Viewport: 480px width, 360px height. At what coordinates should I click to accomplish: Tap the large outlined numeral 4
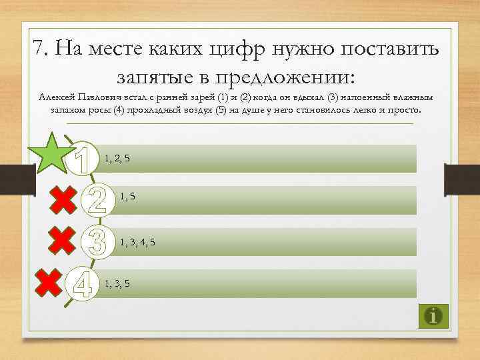click(x=82, y=283)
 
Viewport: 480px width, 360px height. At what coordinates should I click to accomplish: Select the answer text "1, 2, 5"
click(x=117, y=158)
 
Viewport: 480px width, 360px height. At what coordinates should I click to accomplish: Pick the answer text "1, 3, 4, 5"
click(x=137, y=241)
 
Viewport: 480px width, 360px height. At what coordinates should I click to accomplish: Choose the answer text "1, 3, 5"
click(x=117, y=283)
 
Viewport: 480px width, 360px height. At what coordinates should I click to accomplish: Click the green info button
click(x=434, y=315)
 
